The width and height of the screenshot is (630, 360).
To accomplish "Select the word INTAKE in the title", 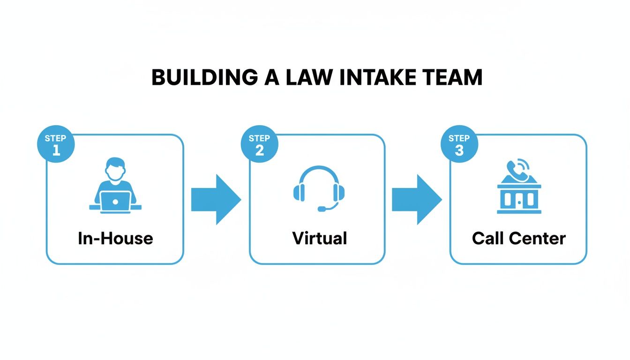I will [380, 77].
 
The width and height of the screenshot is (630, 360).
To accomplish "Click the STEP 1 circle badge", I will [56, 143].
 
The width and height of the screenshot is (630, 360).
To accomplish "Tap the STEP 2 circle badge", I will [259, 143].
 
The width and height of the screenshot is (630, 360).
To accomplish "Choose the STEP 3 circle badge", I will [459, 143].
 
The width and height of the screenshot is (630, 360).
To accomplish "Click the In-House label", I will [115, 238].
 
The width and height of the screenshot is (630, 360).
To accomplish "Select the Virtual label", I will [319, 238].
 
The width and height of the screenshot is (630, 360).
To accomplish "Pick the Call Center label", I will [519, 238].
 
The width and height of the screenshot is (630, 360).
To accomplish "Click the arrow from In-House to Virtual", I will [216, 199].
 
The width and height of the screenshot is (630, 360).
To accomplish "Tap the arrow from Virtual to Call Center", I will [416, 199].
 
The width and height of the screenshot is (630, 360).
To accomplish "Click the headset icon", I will [319, 187].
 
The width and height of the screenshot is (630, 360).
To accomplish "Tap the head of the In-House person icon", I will [115, 168].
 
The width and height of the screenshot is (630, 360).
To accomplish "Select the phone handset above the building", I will [517, 170].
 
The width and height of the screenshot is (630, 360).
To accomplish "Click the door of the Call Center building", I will [519, 200].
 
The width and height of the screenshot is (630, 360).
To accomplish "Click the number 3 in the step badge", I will [459, 150].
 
